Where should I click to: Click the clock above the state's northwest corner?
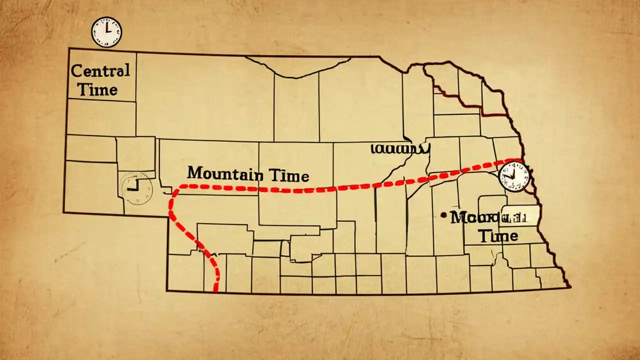(x=106, y=32)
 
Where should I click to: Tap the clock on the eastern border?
(x=513, y=176)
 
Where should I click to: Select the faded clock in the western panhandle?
(x=135, y=188)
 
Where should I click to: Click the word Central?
(x=100, y=70)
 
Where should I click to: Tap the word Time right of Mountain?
(x=289, y=175)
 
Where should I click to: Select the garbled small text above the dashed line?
(x=400, y=148)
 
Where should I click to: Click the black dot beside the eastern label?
(x=443, y=215)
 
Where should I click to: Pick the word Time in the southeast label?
(x=498, y=235)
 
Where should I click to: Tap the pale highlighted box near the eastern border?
(x=520, y=215)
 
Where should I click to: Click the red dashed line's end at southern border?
(x=216, y=289)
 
